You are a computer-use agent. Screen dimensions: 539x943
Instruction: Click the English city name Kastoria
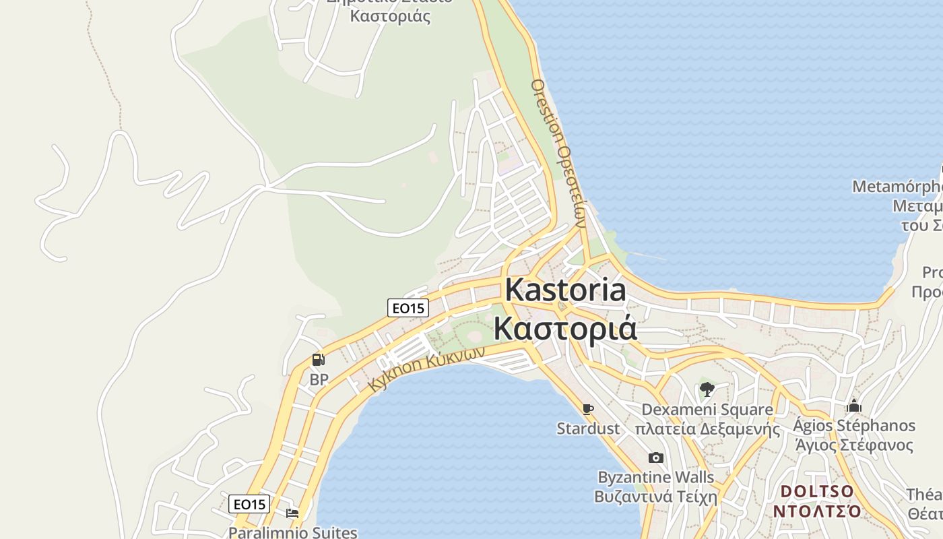(565, 290)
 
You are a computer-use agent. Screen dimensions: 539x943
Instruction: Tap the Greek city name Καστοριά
(565, 327)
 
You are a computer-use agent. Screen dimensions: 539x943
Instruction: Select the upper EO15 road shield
(409, 308)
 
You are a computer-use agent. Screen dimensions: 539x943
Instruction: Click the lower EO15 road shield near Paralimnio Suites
(249, 504)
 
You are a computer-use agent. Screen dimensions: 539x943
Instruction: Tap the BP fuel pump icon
(319, 360)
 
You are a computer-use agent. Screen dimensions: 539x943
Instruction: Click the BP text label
(319, 380)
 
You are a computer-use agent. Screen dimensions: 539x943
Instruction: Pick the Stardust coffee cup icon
(588, 409)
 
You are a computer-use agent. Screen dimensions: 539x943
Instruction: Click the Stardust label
(588, 429)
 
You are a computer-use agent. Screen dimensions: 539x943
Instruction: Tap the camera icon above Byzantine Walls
(655, 458)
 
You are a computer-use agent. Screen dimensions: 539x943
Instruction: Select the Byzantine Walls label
(655, 478)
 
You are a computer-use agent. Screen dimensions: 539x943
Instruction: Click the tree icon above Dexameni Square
(707, 389)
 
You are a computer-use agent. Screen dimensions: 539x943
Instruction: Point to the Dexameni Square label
(707, 410)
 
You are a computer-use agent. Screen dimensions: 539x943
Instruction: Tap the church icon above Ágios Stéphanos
(854, 406)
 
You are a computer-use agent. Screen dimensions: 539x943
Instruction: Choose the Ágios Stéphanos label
(854, 426)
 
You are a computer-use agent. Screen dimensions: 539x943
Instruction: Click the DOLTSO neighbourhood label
(816, 491)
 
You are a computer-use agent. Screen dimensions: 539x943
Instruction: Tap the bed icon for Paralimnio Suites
(292, 513)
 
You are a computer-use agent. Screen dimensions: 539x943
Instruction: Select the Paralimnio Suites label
(292, 532)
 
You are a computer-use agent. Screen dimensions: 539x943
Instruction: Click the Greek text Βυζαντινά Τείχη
(655, 497)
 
